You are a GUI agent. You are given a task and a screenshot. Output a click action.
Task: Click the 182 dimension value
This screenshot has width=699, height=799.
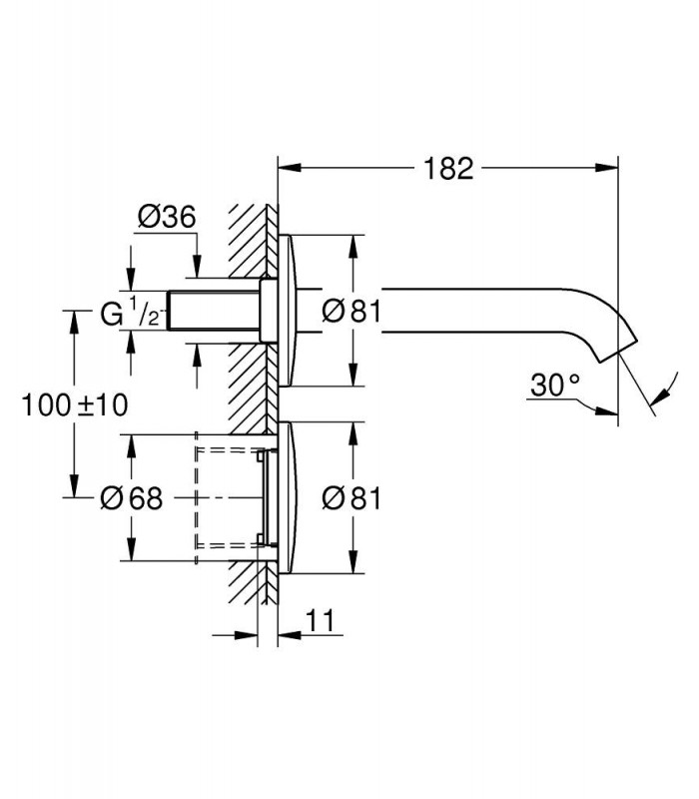[x=448, y=169]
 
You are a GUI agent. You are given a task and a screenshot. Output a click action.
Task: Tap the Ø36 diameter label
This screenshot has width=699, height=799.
[x=167, y=217]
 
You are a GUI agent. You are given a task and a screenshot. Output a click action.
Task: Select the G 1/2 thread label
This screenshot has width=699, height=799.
[x=132, y=312]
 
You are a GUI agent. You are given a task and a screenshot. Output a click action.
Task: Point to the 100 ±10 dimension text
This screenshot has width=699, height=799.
[x=75, y=405]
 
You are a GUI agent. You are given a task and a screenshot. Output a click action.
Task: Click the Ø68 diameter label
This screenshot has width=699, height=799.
[x=132, y=497]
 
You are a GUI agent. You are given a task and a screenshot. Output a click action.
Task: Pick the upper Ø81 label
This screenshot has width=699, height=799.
[x=351, y=311]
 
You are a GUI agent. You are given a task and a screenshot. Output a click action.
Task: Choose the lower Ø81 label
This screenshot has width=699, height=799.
[x=351, y=497]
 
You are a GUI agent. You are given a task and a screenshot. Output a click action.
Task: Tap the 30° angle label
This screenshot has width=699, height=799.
[x=555, y=386]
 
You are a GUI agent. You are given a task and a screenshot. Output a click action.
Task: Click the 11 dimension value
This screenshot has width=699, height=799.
[x=320, y=620]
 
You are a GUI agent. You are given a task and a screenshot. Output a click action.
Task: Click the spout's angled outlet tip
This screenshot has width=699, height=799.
[x=617, y=352]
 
